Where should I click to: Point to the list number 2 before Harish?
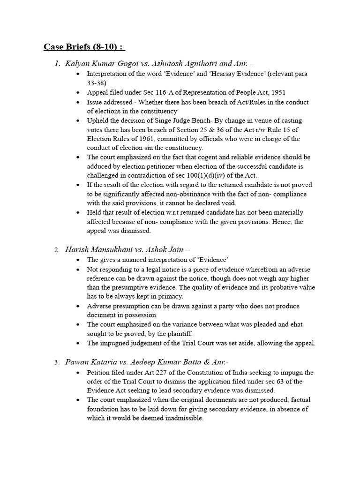coord(56,250)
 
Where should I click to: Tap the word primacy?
coord(172,296)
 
